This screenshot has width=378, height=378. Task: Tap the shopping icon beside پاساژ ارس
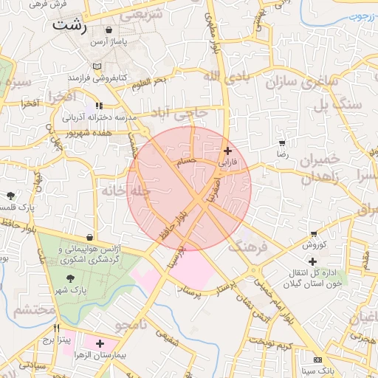click(109, 30)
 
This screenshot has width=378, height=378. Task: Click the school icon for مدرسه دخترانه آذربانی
click(100, 106)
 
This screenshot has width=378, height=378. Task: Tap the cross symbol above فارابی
click(227, 151)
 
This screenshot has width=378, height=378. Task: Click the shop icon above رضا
click(281, 142)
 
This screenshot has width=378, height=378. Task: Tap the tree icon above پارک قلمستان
click(11, 196)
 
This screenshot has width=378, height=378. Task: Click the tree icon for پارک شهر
click(70, 278)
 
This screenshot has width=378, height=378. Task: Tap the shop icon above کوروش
click(314, 233)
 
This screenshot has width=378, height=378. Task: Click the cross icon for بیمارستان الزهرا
click(100, 344)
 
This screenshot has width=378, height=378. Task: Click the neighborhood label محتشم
click(34, 310)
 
